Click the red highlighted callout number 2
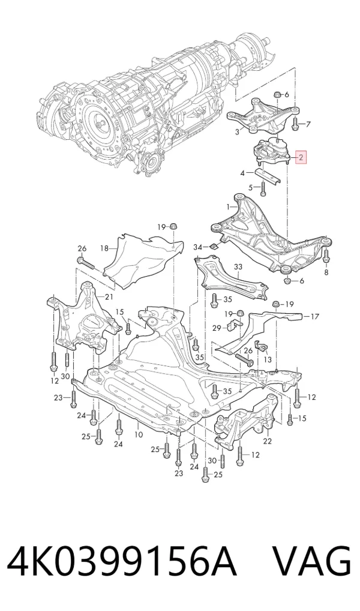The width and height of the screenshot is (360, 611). pos(301,158)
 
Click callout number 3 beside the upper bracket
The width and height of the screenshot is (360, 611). pos(237,132)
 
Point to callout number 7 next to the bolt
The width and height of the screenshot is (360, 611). pos(308,125)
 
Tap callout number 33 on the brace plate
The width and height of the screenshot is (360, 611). pos(238,267)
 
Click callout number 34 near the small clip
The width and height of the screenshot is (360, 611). pos(199,247)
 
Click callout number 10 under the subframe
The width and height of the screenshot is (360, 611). pos(139,435)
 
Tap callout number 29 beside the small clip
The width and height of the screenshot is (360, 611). pos(217,328)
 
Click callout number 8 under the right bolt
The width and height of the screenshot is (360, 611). pos(326,272)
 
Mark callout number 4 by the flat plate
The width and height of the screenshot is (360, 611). pos(242,173)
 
